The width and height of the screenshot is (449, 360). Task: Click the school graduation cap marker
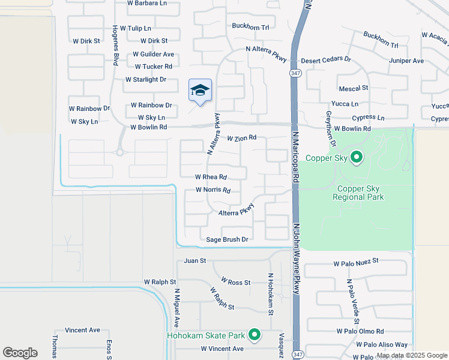pos(200,91)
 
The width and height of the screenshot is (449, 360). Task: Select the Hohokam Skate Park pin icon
pos(255,335)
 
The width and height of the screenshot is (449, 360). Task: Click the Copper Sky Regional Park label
pos(358,193)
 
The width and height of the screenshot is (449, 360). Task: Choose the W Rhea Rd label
pos(211,177)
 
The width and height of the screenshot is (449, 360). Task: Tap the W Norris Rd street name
pos(213,190)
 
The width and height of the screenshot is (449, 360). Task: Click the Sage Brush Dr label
pos(227,239)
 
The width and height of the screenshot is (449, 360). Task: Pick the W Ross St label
pos(235,281)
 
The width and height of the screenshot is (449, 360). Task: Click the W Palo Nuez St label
pos(357,262)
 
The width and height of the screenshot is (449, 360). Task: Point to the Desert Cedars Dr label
pos(325,59)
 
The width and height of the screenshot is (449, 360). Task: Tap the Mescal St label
pos(353,88)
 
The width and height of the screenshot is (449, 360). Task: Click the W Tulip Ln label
pos(135,28)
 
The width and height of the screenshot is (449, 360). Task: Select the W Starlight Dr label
pos(145,79)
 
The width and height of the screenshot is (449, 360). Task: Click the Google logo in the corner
pos(20,353)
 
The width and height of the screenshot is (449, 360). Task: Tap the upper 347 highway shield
pos(295,73)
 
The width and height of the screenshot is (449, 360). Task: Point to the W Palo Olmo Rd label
pos(360,331)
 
